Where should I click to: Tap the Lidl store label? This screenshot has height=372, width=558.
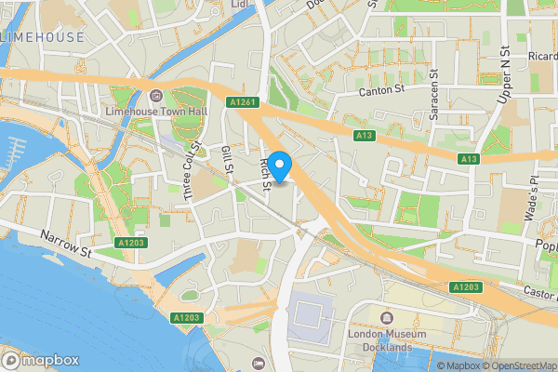242,5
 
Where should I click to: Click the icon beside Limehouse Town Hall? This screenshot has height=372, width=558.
155,95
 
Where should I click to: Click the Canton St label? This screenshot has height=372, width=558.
384,91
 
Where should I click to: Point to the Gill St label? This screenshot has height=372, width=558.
226,157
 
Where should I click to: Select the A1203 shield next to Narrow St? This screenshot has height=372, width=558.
131,243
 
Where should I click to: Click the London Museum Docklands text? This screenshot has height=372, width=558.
386,340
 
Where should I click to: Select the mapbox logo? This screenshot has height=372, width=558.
41,360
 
